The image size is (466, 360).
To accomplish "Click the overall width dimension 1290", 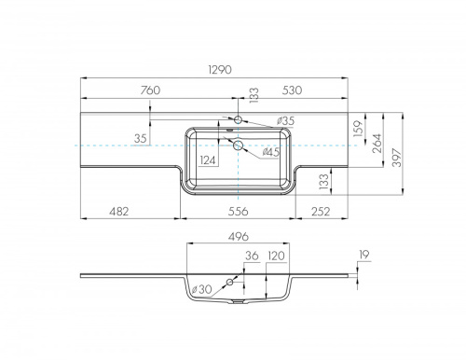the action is (220, 70).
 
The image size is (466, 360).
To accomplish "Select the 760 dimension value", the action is (150, 90).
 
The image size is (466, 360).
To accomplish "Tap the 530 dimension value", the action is (292, 90).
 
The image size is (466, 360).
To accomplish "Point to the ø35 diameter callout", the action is (285, 121).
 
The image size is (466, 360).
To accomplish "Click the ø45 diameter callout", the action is (270, 152).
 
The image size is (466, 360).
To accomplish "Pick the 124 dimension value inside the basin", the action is (207, 160).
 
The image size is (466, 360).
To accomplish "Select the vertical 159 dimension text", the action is (358, 129).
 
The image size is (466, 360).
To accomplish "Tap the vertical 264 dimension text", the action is (377, 143).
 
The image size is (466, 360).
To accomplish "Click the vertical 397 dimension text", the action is (397, 158).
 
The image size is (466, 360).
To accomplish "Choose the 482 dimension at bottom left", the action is (119, 212).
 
